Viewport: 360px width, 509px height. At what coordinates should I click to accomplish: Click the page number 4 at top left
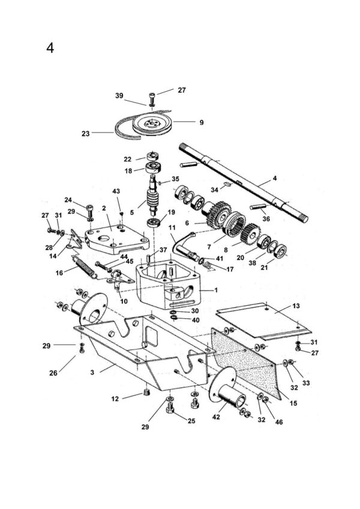(50, 48)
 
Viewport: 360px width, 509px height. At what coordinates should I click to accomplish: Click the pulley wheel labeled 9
(152, 124)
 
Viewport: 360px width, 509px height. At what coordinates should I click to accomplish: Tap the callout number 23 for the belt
(85, 134)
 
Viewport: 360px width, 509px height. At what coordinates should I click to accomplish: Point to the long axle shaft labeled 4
(244, 183)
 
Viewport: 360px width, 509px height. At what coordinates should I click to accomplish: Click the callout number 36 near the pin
(266, 219)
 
